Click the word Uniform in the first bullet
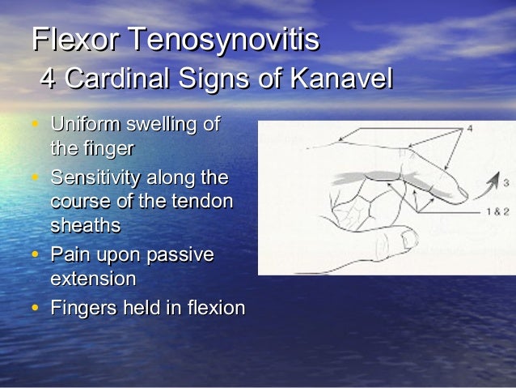(x=85, y=126)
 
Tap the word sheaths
(x=85, y=224)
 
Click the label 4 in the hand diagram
(x=470, y=129)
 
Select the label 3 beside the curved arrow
(x=505, y=181)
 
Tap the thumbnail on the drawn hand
(x=409, y=238)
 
